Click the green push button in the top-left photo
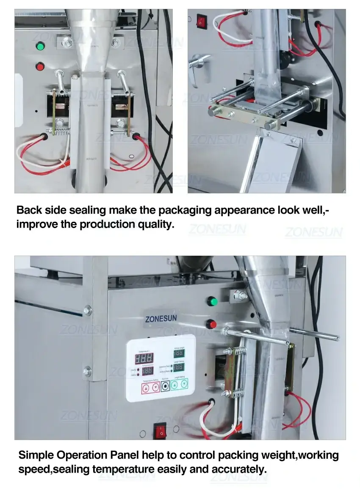click(x=41, y=46)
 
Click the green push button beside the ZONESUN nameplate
click(x=211, y=302)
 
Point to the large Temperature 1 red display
click(x=144, y=359)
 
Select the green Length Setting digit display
click(x=178, y=367)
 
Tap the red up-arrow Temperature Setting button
click(x=145, y=388)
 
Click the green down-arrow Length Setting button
click(x=184, y=384)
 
